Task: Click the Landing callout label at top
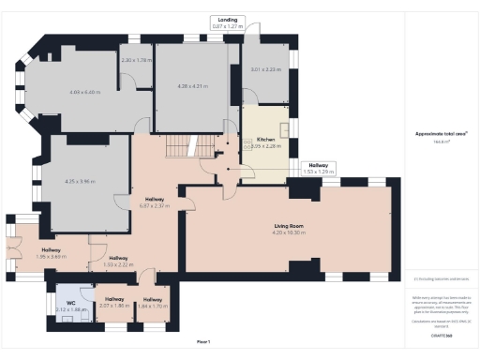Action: click(x=227, y=19)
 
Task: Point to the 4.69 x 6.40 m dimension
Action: click(x=83, y=92)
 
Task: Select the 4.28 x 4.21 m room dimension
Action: click(x=191, y=86)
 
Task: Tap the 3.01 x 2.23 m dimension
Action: click(x=265, y=69)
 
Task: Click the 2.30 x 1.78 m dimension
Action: click(x=136, y=61)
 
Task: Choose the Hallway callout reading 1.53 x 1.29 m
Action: click(x=320, y=172)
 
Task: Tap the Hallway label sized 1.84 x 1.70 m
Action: click(x=152, y=301)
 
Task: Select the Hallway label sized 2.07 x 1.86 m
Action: click(x=112, y=301)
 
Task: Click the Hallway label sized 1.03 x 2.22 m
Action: click(x=117, y=262)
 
